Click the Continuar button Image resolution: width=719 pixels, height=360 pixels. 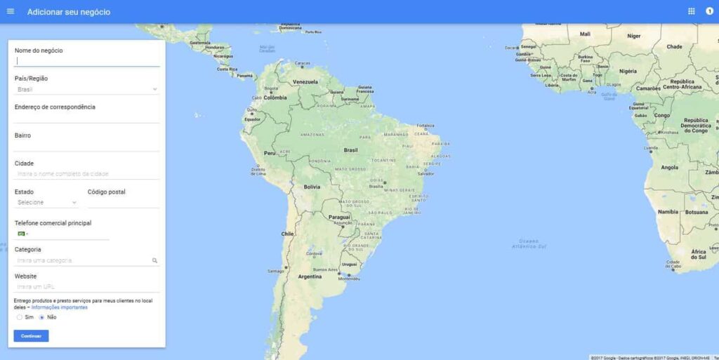[31, 336]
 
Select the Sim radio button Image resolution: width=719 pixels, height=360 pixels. [20, 317]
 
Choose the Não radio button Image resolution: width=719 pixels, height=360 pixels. [42, 317]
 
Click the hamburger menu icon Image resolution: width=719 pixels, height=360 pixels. [11, 11]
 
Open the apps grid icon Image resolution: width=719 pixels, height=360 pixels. [692, 11]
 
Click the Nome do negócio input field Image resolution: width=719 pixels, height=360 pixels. [87, 61]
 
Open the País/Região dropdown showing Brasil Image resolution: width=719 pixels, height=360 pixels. [87, 89]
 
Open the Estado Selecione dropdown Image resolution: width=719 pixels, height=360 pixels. [46, 202]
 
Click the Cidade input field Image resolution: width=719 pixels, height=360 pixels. [87, 173]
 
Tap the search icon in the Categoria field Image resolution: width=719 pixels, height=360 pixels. [154, 260]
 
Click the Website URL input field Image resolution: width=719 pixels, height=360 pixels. [87, 286]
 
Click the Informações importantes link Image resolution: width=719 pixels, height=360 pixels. [60, 307]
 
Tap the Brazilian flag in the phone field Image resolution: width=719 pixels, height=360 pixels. [21, 233]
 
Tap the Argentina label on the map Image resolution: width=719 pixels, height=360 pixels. [310, 276]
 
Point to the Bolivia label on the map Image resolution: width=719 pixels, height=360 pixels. [312, 187]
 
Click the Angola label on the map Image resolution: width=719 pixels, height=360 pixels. [670, 168]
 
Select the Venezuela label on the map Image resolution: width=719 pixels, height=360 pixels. [305, 82]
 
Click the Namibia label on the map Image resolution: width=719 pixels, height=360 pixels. [668, 211]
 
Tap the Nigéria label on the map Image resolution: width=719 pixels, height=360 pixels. [628, 71]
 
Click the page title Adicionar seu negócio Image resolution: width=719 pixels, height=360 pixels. [69, 12]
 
